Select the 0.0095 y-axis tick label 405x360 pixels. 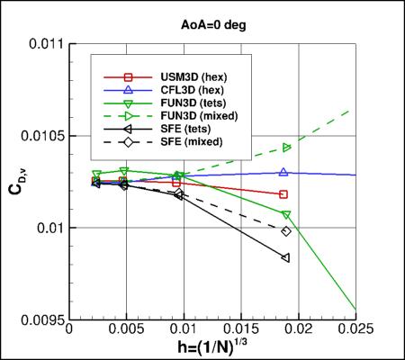point(43,319)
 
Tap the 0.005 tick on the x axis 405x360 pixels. point(127,331)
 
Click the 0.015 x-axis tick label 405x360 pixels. point(242,331)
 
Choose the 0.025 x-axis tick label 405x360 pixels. point(356,331)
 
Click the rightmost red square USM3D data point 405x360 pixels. point(284,194)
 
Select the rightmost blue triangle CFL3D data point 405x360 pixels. point(284,172)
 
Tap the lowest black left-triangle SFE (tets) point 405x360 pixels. point(285,258)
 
